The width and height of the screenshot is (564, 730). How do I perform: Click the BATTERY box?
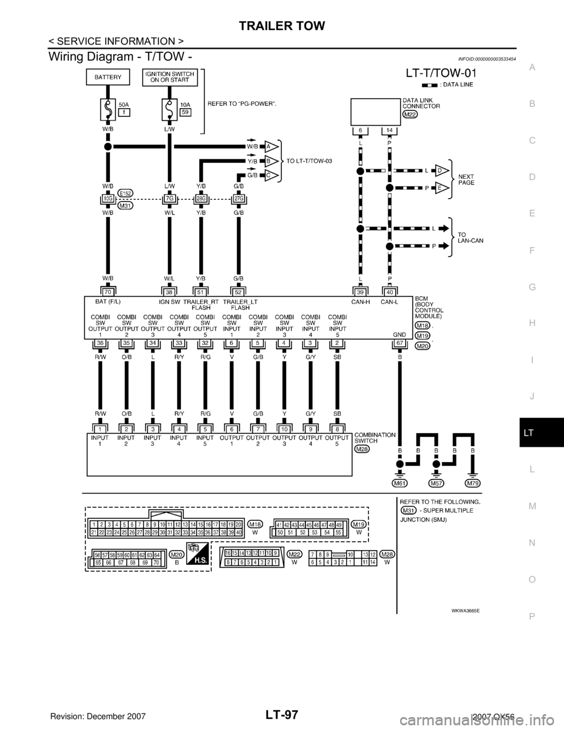click(108, 77)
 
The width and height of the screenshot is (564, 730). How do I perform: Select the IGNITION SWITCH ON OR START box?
click(170, 77)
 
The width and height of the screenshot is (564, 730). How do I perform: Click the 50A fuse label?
click(125, 103)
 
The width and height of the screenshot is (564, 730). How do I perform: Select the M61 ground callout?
click(399, 483)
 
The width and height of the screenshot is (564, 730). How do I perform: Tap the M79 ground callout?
click(472, 483)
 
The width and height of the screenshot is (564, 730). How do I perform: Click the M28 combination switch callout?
click(363, 448)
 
